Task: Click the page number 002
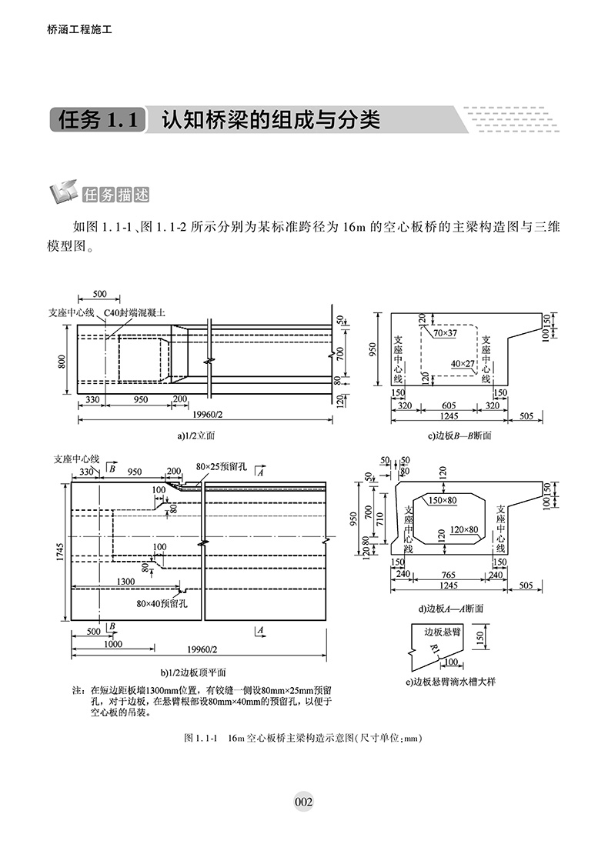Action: pos(303,802)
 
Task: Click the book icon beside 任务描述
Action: pos(62,194)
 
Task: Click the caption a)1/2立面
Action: pos(196,435)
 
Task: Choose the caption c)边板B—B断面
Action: pos(459,436)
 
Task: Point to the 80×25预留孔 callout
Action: pos(223,467)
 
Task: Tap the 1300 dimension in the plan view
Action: pos(126,581)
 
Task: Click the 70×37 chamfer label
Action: pos(445,333)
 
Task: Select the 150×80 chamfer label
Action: pos(443,501)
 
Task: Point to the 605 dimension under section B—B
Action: pos(449,405)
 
